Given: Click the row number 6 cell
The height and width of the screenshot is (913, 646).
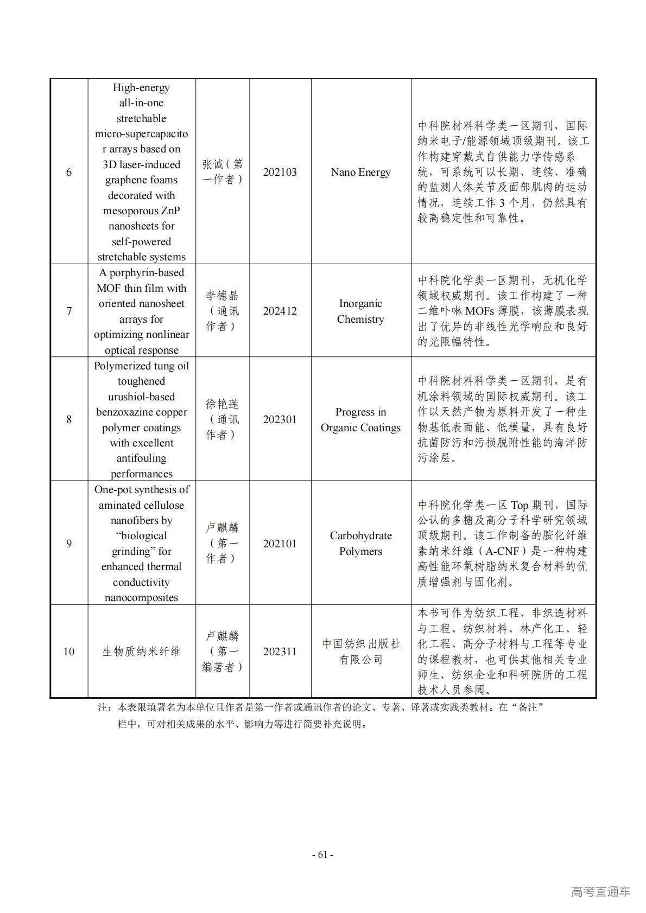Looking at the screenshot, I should point(69,172).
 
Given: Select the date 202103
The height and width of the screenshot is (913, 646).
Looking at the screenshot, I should point(280,172).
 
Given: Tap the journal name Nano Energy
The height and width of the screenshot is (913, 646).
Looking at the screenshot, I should point(360,172).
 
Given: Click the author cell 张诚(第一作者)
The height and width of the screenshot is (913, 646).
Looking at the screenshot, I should point(223,172).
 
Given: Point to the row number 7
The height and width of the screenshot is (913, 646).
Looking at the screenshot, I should point(69,311).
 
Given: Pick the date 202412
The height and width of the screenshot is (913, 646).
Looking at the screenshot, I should point(280,311).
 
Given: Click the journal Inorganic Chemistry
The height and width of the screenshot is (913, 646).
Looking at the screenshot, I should point(360,311).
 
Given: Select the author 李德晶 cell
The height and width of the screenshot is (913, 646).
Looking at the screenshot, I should point(223,311).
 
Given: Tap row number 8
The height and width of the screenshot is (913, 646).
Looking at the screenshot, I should point(69,419).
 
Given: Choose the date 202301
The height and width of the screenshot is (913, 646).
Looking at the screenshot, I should point(280,419).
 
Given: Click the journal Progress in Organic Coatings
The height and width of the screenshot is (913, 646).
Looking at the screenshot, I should point(360,419).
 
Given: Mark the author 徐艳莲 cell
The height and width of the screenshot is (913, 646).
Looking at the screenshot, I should point(223,419).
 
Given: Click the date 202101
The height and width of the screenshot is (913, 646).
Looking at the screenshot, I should point(280,544).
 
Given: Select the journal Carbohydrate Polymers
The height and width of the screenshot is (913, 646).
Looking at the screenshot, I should point(360,544).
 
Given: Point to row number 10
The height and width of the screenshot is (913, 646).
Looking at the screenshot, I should point(69,652).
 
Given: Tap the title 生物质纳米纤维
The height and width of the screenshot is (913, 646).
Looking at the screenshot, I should point(141,652).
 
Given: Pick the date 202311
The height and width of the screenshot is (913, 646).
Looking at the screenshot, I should point(280,652).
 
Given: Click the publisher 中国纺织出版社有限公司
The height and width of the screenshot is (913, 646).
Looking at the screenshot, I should point(360,652).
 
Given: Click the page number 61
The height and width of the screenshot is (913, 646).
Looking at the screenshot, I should point(322,854).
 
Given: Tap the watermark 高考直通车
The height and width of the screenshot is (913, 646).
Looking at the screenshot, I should point(600,891).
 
